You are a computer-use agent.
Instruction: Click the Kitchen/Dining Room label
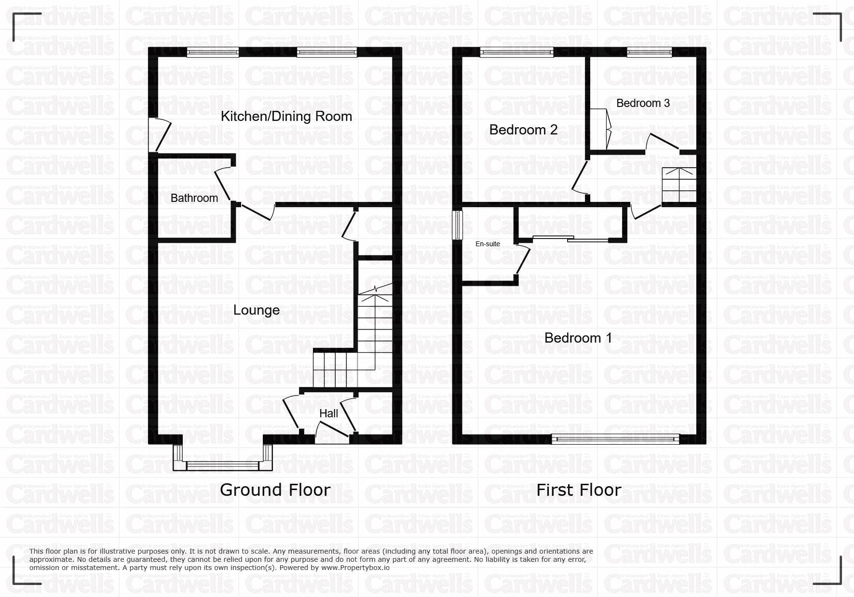tap(286, 116)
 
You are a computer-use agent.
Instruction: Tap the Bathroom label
tap(194, 198)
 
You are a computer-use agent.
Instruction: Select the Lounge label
tap(257, 310)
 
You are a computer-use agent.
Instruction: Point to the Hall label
tap(328, 413)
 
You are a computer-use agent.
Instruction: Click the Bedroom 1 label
tap(578, 338)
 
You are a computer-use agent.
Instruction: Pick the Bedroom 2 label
tap(523, 130)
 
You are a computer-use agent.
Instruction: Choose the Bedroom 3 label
tap(643, 103)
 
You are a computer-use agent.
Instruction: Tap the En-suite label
tap(488, 244)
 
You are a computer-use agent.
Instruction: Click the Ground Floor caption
tap(275, 490)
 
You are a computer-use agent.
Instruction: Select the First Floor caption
tap(579, 490)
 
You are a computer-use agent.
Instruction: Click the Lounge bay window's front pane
tap(223, 465)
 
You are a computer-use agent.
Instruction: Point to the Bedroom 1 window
tap(615, 438)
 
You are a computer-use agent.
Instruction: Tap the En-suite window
tap(456, 225)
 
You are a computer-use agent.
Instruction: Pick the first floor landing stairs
tap(679, 185)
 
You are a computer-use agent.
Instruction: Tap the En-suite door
tap(523, 260)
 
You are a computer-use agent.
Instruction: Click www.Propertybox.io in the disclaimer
tap(354, 568)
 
